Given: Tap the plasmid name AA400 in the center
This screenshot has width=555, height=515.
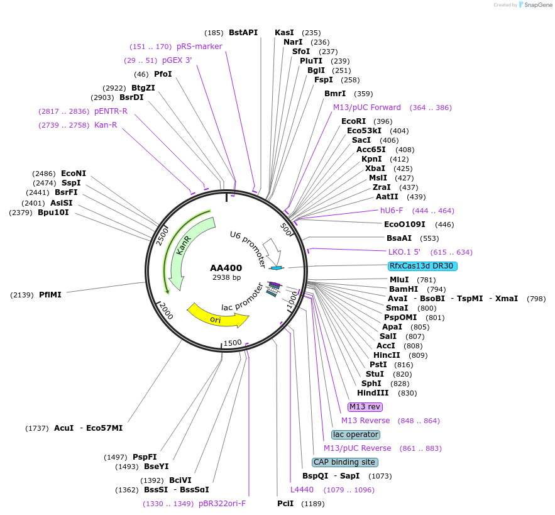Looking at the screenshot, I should coord(226,268).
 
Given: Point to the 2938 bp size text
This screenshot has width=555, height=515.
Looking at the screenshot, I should coord(226,277).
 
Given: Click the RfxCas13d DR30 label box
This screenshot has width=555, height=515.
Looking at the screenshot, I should coord(422,266).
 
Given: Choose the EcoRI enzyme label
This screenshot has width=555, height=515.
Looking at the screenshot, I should coord(353,121).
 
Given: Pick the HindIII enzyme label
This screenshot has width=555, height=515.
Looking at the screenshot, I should coord(378,393).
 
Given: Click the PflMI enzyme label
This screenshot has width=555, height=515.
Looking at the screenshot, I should coord(50,294).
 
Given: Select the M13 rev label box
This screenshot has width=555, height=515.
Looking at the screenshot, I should coord(365,407).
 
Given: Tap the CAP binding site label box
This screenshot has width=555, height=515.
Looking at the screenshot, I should coord(344,462).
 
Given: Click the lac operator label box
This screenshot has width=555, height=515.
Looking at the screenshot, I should coord(356,435).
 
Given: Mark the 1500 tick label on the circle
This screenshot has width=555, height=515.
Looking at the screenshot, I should coord(233,343).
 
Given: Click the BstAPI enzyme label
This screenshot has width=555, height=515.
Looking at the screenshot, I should coord(243,33).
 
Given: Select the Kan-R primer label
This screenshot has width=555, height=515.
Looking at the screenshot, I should coord(106,125).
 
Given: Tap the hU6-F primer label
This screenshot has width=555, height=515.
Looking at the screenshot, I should coord(392,211).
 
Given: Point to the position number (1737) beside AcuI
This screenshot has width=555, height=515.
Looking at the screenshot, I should coord(37,428).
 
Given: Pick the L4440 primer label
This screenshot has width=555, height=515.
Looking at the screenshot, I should coord(302,490).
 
